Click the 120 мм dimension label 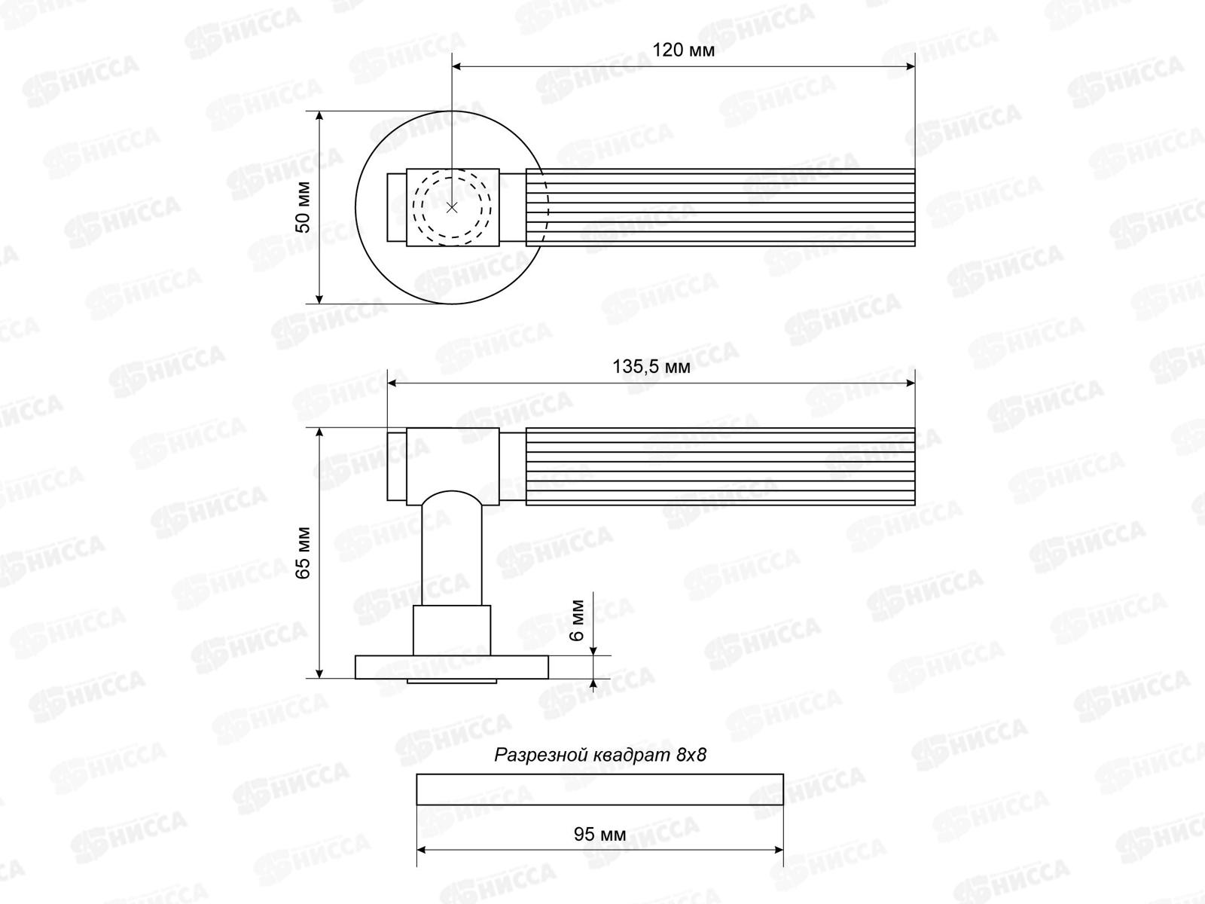(684, 50)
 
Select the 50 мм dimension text (303, 207)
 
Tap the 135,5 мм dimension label (651, 367)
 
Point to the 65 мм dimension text (303, 553)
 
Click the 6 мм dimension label (577, 620)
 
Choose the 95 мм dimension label (599, 834)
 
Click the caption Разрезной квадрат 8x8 (600, 756)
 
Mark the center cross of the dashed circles (452, 207)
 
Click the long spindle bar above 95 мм (599, 789)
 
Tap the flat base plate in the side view (451, 667)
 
